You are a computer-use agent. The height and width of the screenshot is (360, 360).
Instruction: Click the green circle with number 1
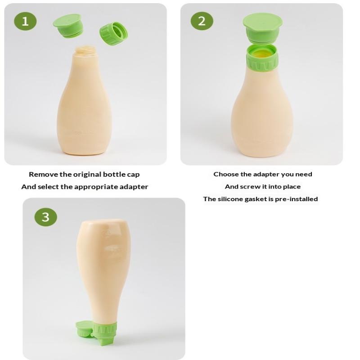click(x=25, y=21)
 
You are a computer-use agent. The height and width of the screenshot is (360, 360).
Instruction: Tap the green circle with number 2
click(x=202, y=21)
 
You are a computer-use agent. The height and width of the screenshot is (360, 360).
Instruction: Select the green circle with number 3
click(x=46, y=217)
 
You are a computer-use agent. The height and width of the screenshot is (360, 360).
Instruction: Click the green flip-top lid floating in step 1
click(x=67, y=25)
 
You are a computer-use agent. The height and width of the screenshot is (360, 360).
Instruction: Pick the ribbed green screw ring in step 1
click(x=114, y=33)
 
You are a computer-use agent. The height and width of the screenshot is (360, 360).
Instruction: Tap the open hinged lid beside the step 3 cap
click(x=84, y=329)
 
